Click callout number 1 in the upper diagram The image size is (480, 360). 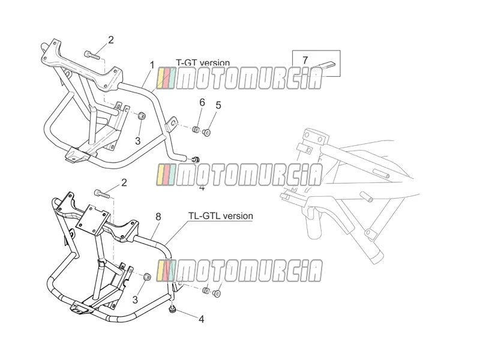(152, 65)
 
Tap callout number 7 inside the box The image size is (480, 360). (305, 60)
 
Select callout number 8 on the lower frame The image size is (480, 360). (158, 217)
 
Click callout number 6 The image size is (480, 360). (202, 102)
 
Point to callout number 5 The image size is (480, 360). (218, 106)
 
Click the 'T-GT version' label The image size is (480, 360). (203, 62)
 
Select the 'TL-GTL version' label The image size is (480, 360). (220, 216)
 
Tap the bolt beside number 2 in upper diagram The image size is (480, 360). (92, 55)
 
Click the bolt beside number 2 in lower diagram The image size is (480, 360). (103, 193)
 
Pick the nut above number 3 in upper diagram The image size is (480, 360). (141, 116)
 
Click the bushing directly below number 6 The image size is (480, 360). (196, 130)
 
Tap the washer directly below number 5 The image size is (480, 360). (207, 133)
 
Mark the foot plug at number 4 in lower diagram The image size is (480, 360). (173, 310)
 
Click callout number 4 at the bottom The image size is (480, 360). (201, 319)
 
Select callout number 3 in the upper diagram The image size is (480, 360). (138, 141)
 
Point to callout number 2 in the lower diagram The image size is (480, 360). (124, 183)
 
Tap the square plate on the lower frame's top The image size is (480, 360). (92, 218)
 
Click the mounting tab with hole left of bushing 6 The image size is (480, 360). (172, 124)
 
